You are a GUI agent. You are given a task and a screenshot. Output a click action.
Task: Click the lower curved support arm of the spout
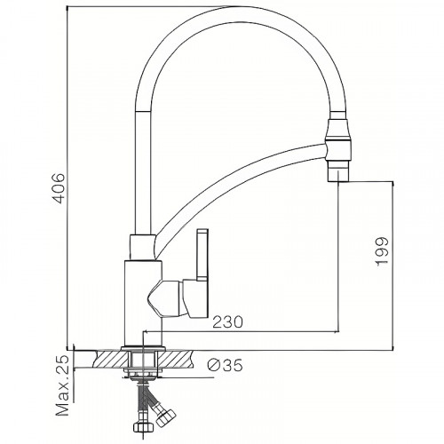click(x=249, y=191)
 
